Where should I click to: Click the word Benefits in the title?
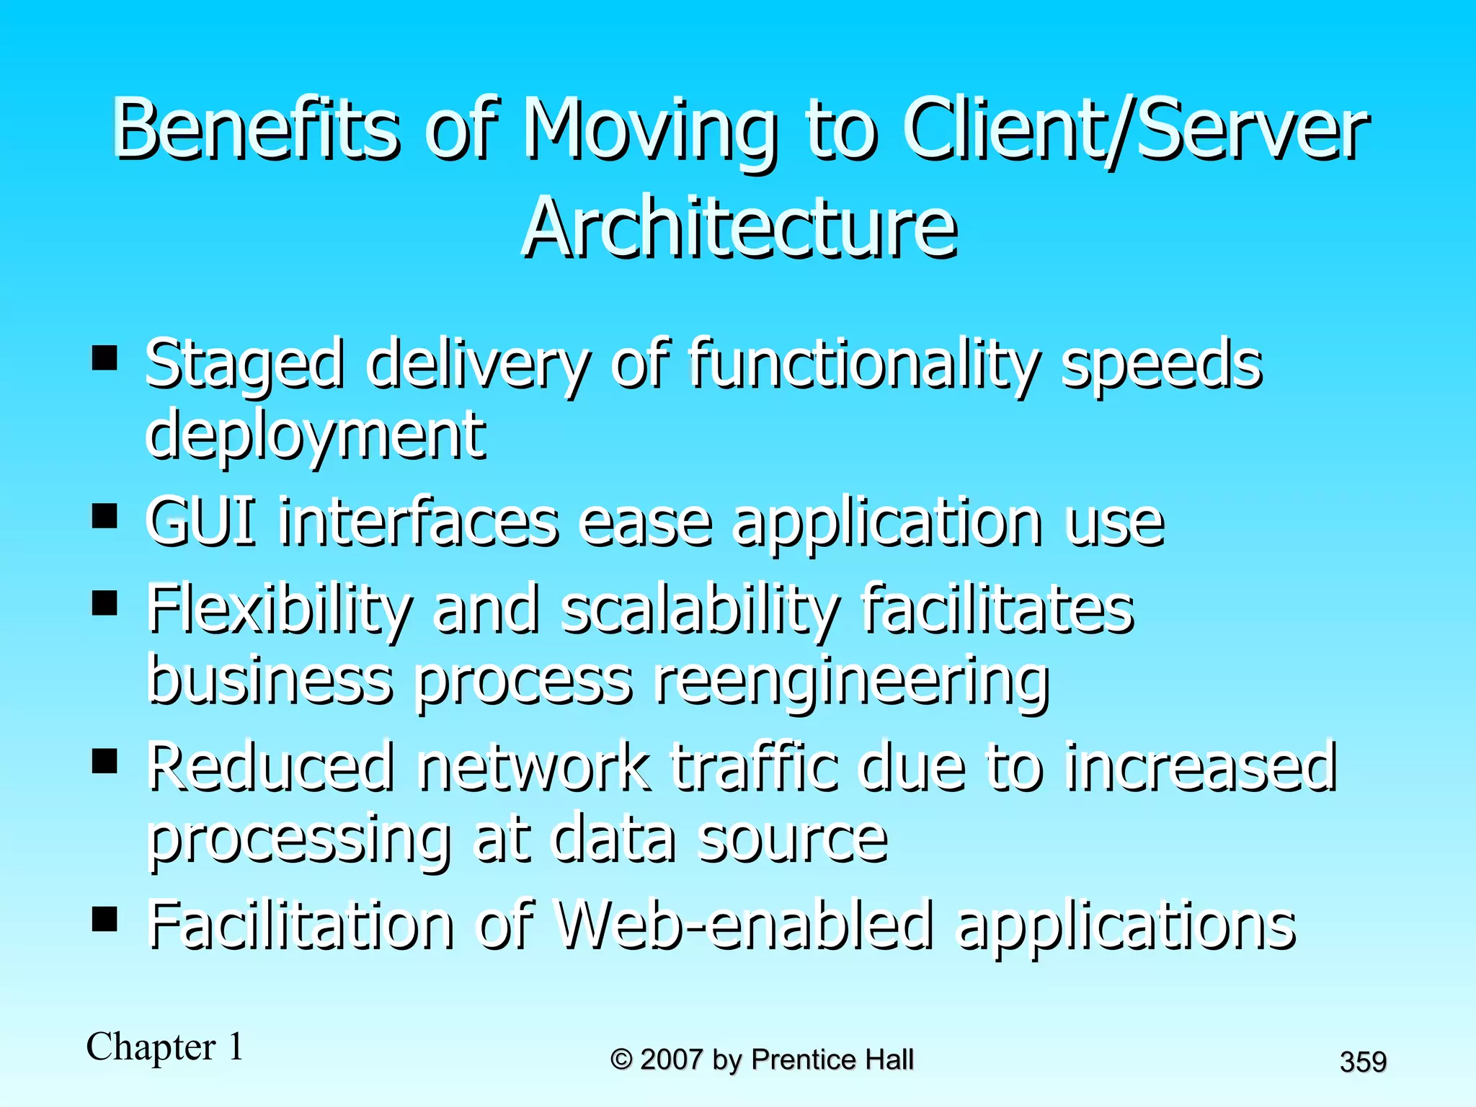[256, 130]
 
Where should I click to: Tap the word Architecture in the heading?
[740, 228]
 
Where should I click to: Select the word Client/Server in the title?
[1135, 130]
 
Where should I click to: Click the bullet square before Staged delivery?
[105, 358]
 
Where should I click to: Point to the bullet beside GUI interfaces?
[105, 516]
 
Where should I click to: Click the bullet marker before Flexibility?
[105, 603]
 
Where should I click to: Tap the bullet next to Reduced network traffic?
[105, 761]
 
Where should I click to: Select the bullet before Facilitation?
[105, 920]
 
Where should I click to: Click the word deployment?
[316, 436]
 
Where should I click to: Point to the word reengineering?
[851, 680]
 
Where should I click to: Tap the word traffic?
[755, 767]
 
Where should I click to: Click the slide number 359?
[1363, 1062]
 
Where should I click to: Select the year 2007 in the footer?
[671, 1059]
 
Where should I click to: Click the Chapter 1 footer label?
[165, 1046]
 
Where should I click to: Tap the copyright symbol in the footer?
[621, 1059]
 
